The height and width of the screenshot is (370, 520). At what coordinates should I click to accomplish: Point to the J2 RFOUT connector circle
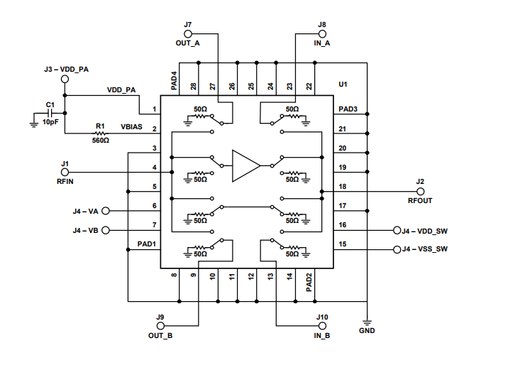coord(420,192)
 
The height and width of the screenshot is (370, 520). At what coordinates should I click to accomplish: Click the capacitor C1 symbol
coord(50,114)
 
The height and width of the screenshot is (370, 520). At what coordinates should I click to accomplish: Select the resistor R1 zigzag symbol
coord(99,133)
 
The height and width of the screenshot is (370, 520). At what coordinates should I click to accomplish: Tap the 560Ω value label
coord(100,141)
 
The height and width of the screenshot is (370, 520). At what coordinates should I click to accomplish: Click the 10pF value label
coord(50,122)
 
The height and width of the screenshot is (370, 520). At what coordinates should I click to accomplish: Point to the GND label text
coord(367,331)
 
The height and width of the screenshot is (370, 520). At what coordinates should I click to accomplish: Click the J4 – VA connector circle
coord(106,211)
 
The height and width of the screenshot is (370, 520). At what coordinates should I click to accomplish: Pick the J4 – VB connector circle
coord(106,231)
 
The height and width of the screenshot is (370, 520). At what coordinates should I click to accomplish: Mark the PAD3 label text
coord(348,110)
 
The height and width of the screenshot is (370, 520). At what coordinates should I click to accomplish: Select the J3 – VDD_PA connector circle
coord(65,79)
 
